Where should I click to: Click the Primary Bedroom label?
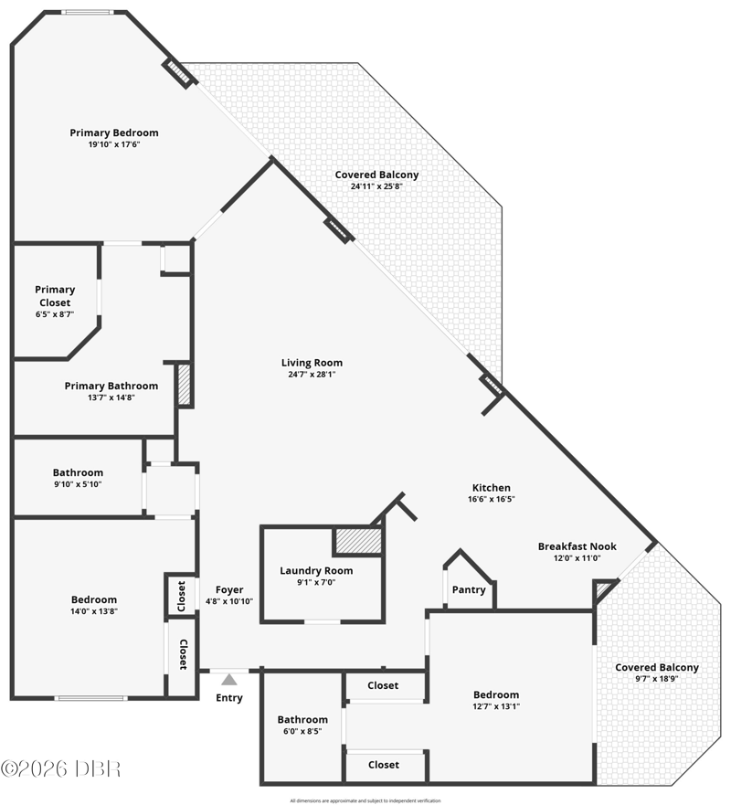(x=114, y=133)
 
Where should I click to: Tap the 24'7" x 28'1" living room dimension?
(x=312, y=375)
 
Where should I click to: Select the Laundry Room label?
(x=316, y=570)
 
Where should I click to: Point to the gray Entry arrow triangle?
(x=229, y=680)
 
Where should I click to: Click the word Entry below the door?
(x=229, y=698)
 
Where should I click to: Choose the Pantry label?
(x=469, y=590)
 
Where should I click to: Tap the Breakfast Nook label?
(x=577, y=546)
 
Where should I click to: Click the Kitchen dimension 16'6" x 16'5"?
(x=492, y=499)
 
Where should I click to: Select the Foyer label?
(x=229, y=590)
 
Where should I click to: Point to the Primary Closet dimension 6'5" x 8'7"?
(x=55, y=314)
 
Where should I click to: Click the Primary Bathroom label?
(x=111, y=387)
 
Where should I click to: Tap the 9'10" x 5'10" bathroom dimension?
(x=78, y=484)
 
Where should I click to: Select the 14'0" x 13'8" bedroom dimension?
(x=94, y=611)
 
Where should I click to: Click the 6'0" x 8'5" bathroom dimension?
(x=302, y=731)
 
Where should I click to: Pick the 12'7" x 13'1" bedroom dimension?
(x=496, y=706)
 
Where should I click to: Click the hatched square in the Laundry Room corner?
(x=358, y=541)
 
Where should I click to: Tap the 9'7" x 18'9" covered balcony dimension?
(x=657, y=679)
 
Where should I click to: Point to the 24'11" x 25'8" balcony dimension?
(x=376, y=186)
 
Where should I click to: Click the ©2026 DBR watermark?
(x=60, y=769)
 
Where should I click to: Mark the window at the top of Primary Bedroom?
(x=86, y=12)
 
